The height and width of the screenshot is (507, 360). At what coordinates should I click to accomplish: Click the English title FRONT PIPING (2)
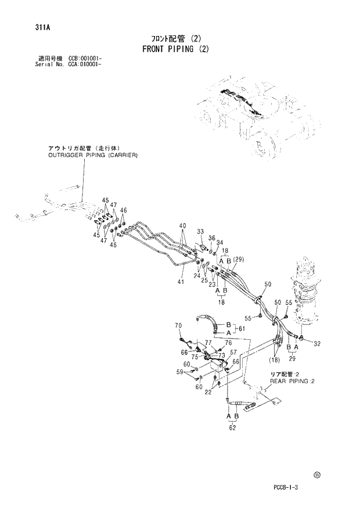point(175,49)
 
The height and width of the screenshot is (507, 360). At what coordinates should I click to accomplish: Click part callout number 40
point(182,226)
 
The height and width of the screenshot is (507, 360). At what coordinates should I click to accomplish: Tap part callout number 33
point(200,232)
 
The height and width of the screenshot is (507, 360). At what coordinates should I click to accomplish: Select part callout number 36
point(212,238)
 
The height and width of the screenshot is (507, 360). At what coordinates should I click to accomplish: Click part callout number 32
point(316,344)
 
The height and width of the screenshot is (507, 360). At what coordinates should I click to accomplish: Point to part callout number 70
point(178,325)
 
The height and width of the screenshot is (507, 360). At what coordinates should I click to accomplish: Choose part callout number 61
point(241,329)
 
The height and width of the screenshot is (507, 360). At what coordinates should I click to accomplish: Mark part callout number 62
point(233,429)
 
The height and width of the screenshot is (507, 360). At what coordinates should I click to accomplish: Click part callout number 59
point(180,372)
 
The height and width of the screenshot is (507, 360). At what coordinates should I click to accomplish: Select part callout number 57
point(233,353)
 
